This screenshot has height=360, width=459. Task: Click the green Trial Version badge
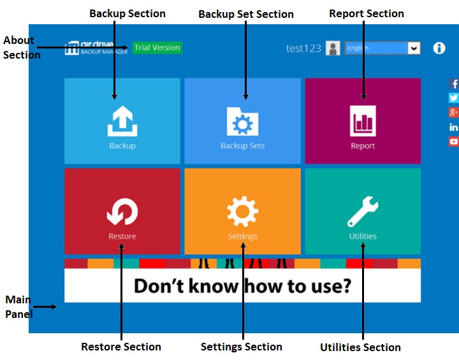point(157,48)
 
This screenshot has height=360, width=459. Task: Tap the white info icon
point(439,48)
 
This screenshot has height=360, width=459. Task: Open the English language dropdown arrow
point(414,48)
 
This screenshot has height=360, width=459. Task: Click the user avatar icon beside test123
point(333,48)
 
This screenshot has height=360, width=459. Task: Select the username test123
point(303,48)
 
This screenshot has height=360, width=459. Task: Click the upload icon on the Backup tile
point(122,121)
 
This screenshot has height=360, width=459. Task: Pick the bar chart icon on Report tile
point(363,121)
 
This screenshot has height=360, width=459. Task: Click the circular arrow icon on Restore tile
point(122,212)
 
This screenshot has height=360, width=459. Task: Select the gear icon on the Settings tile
point(242,212)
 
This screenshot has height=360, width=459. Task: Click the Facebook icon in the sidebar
point(454,84)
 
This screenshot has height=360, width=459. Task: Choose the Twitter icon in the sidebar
point(454,98)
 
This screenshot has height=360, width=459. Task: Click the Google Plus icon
point(454,112)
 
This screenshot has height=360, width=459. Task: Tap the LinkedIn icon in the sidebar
point(454,127)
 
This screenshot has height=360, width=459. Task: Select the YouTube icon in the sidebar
point(454,141)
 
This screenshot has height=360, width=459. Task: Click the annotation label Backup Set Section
point(246,14)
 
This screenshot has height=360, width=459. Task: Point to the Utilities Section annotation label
point(360,347)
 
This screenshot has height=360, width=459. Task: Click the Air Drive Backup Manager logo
point(96,48)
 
